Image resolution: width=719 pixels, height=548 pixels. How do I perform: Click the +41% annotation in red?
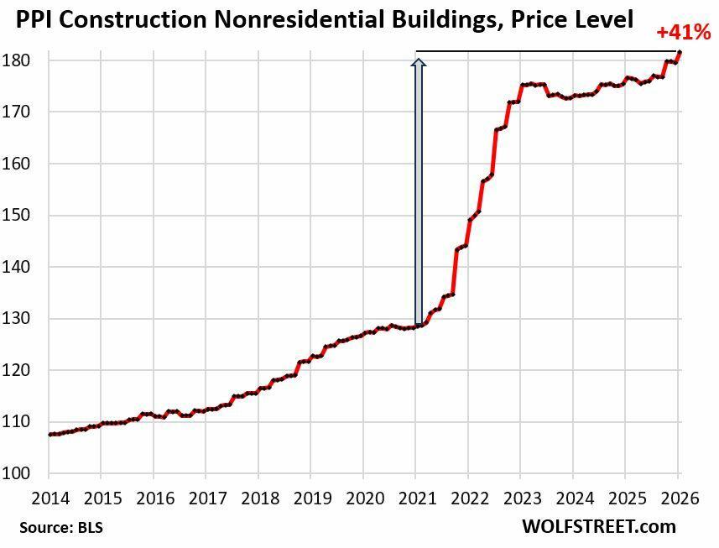(683, 34)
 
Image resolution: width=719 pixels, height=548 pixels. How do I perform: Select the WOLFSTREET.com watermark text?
(598, 527)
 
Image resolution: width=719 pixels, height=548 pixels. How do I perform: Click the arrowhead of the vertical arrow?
(417, 61)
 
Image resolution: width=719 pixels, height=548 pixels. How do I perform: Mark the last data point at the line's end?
(680, 53)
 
